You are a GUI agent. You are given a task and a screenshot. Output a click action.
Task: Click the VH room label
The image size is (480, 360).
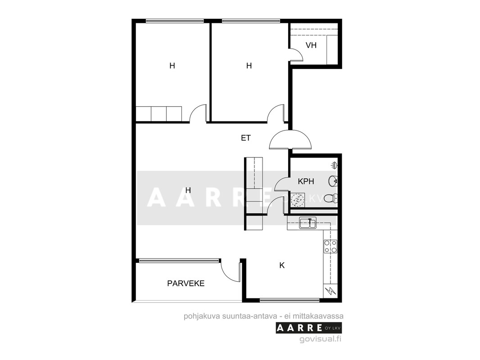tap(311, 45)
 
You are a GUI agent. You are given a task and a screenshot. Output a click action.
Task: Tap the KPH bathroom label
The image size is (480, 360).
tap(306, 181)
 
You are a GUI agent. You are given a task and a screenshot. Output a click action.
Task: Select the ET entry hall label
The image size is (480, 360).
tap(246, 138)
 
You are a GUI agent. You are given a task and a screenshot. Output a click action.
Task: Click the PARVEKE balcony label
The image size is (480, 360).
tap(186, 283)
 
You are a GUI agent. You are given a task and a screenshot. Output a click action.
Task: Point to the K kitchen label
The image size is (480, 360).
tap(282, 265)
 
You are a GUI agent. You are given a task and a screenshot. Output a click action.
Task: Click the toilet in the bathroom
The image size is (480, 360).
tap(331, 198)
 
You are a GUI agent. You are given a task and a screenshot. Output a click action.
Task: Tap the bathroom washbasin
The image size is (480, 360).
tap(333, 181)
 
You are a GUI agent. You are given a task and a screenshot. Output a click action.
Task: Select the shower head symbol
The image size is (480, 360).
tap(334, 166)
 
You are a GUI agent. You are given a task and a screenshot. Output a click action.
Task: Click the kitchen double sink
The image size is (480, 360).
tap(308, 223)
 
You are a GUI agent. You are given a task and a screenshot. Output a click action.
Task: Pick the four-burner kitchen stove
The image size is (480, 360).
tap(331, 247)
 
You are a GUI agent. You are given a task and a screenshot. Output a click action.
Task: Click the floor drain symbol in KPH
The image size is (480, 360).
tap(297, 200)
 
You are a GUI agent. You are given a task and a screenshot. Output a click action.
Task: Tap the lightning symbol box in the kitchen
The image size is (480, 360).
tap(331, 291)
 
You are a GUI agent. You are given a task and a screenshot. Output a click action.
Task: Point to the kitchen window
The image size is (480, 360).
tap(290, 300)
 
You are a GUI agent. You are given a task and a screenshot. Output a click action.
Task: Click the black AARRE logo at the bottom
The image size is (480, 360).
tap(308, 328)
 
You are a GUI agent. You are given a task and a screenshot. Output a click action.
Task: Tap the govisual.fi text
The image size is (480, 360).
tap(321, 339)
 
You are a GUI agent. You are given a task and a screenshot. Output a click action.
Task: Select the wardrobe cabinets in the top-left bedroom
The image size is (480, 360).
tap(159, 113)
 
